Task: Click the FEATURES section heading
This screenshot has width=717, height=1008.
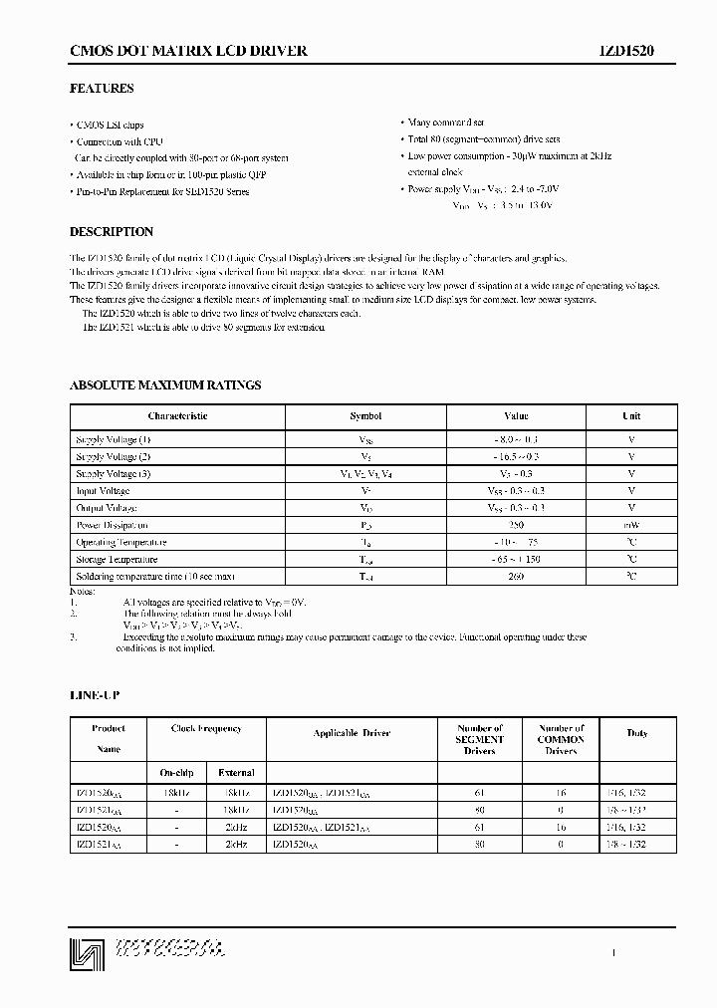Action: pos(102,89)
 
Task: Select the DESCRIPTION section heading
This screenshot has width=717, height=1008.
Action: pos(112,232)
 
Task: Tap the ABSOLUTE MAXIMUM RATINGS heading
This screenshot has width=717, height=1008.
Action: pos(165,384)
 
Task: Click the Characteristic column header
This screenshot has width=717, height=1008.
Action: pos(178,416)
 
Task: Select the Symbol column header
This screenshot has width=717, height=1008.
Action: pos(365,416)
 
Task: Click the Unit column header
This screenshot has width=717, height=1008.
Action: pos(631,416)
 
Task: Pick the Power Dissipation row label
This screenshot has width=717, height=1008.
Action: pos(113,525)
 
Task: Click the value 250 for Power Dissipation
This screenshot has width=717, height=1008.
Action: pos(516,525)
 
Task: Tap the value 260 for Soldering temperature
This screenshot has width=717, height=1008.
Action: pos(516,577)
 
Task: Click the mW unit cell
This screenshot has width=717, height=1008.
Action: pos(631,525)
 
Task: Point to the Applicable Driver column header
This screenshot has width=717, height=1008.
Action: pos(352,734)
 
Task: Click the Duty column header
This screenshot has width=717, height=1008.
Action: pos(637,734)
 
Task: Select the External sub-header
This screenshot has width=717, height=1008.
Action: pos(236,772)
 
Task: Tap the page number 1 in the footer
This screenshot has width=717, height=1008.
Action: pos(613,953)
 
